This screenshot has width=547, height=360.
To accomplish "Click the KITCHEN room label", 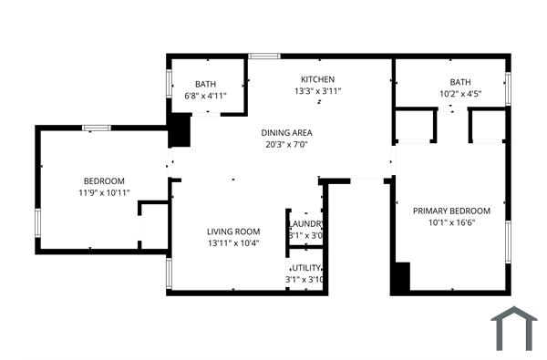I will pyautogui.click(x=318, y=79).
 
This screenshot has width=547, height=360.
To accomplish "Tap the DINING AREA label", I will pyautogui.click(x=286, y=132).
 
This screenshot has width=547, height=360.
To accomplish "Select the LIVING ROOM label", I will pyautogui.click(x=233, y=231).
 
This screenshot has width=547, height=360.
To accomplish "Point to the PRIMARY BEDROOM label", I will pyautogui.click(x=451, y=211).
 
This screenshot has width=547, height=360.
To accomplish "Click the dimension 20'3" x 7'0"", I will pyautogui.click(x=286, y=144).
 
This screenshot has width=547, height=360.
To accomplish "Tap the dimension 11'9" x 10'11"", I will pyautogui.click(x=104, y=192).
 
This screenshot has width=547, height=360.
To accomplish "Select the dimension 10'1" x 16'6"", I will pyautogui.click(x=451, y=222).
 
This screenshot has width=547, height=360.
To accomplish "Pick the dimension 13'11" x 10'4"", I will pyautogui.click(x=233, y=242).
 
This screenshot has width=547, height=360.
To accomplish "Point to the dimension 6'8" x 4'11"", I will pyautogui.click(x=205, y=95).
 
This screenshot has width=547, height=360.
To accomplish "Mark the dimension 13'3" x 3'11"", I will pyautogui.click(x=318, y=91).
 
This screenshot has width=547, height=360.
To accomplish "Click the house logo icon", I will pyautogui.click(x=514, y=328).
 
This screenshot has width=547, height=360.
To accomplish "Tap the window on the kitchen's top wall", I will pyautogui.click(x=264, y=57).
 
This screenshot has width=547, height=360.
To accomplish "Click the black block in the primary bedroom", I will pyautogui.click(x=400, y=278).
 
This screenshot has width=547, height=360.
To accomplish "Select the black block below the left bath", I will pyautogui.click(x=181, y=130).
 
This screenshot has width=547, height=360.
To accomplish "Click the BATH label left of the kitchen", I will pyautogui.click(x=205, y=84).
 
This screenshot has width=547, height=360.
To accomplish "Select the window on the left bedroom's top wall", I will pyautogui.click(x=97, y=128).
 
